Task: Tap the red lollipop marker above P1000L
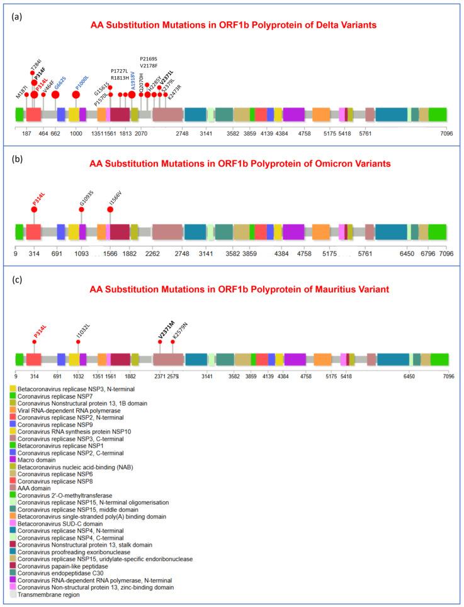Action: pyautogui.click(x=76, y=95)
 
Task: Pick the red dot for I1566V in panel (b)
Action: pyautogui.click(x=110, y=209)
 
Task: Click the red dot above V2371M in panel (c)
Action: pyautogui.click(x=160, y=342)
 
